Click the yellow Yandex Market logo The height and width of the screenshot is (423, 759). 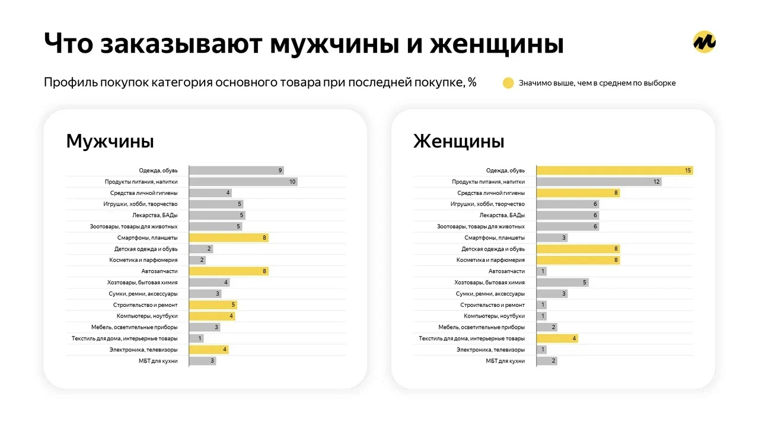tap(704, 41)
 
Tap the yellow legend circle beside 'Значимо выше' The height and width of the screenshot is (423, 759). tap(508, 83)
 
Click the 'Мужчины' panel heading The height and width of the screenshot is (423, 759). tap(110, 142)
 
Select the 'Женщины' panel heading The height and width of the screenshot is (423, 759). tap(458, 142)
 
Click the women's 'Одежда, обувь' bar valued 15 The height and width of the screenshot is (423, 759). tap(614, 171)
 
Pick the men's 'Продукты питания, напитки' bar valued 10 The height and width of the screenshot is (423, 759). tap(243, 182)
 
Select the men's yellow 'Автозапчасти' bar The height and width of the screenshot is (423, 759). tap(228, 271)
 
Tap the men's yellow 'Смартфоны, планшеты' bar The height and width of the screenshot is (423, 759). tap(228, 238)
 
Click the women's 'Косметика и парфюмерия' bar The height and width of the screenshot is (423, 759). tap(578, 260)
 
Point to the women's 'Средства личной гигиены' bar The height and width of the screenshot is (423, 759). tap(578, 193)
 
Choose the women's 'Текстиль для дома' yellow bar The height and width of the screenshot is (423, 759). tap(557, 338)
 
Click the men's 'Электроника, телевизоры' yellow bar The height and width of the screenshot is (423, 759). tap(209, 350)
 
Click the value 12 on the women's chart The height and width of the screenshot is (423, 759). tap(656, 182)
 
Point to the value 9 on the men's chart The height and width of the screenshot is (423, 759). tap(280, 171)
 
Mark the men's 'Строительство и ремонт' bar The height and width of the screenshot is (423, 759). tap(213, 305)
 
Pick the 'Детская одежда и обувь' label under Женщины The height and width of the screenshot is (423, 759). tap(493, 249)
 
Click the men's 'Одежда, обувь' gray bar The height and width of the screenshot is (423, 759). tap(236, 171)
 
